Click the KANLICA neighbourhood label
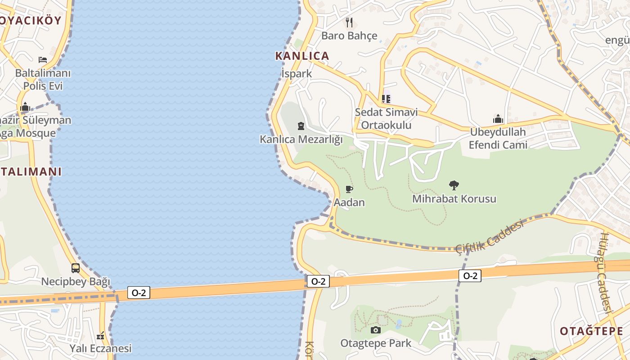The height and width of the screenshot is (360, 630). (302, 56)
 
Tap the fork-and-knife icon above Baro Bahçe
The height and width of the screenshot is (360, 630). (349, 22)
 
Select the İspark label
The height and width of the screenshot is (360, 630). (296, 73)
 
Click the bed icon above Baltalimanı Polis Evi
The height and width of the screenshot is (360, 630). (43, 59)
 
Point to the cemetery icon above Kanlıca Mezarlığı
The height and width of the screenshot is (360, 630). (301, 126)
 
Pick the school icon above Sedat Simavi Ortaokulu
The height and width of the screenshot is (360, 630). (386, 98)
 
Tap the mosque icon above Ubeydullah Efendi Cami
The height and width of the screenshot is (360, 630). (498, 119)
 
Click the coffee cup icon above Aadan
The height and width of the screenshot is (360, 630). (349, 189)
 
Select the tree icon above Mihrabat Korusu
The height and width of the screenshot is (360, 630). (454, 185)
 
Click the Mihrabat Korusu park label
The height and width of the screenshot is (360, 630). (454, 198)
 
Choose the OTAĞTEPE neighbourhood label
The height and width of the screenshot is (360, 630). (591, 331)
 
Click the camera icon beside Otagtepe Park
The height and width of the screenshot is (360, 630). (375, 330)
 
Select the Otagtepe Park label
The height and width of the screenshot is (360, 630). (376, 343)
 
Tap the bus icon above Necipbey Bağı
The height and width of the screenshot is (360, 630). (76, 268)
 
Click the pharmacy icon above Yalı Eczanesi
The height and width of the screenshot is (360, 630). (100, 335)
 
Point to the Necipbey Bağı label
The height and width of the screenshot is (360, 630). (76, 282)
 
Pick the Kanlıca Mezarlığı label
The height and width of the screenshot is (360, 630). (301, 139)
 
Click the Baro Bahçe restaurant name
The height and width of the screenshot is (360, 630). (349, 36)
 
